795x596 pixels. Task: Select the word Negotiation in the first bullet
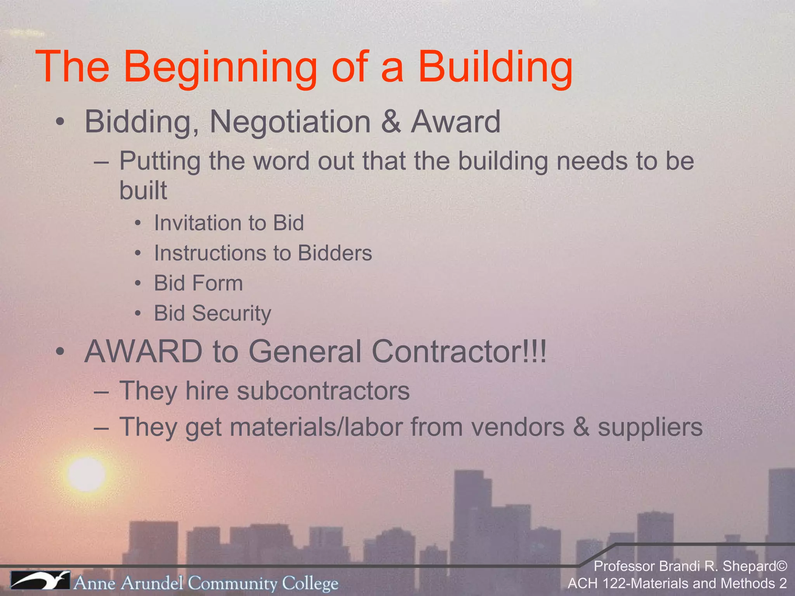click(x=290, y=122)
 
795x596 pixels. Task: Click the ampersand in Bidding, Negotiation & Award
click(x=391, y=122)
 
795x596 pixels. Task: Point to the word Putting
click(x=160, y=161)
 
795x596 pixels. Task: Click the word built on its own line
click(x=143, y=190)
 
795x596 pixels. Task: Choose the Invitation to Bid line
click(x=229, y=223)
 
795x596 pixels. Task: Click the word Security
click(x=232, y=314)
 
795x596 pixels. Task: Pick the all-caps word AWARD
click(x=143, y=352)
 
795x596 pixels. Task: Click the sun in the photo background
click(x=86, y=474)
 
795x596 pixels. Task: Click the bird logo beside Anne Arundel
click(x=40, y=581)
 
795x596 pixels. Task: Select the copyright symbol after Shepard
click(x=782, y=566)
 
